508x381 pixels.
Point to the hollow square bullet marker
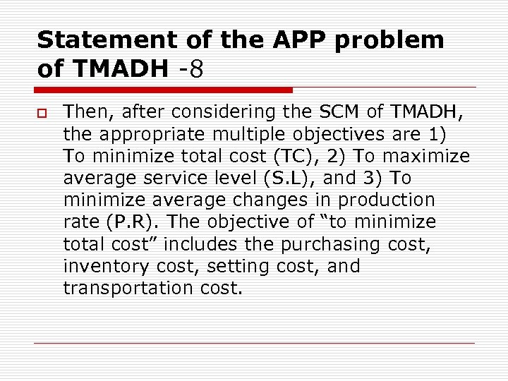point(40,112)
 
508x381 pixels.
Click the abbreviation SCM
point(334,111)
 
